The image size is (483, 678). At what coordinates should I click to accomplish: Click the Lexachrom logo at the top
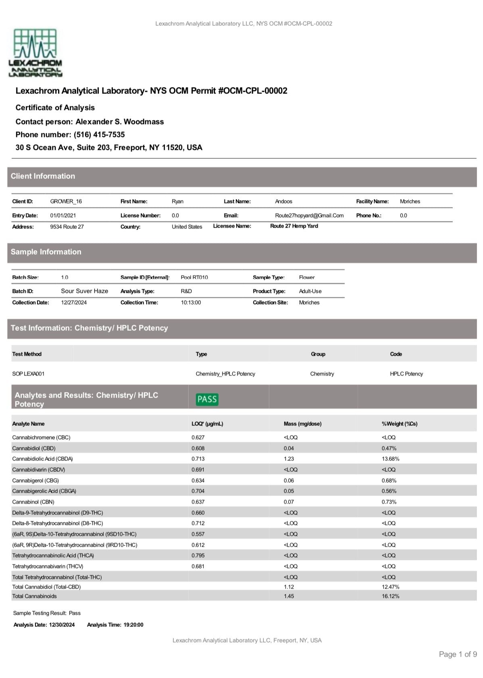[x=35, y=52]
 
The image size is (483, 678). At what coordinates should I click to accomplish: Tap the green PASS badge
[x=207, y=399]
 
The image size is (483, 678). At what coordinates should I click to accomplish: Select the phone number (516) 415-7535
[x=99, y=135]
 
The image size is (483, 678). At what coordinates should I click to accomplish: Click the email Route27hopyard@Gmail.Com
[x=309, y=216]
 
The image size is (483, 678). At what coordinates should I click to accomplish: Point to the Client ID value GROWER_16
[x=66, y=201]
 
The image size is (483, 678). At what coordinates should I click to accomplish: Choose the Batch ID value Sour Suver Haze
[x=84, y=291]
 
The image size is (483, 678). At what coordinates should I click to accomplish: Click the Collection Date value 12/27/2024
[x=74, y=303]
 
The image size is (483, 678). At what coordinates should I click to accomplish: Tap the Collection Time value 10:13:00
[x=191, y=303]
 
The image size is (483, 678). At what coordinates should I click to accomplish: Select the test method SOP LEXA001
[x=28, y=374]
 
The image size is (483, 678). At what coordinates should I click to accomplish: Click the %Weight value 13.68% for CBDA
[x=390, y=459]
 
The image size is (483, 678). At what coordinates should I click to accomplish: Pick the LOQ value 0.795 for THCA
[x=198, y=556]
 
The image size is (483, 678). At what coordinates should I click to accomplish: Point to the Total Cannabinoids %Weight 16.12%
[x=390, y=596]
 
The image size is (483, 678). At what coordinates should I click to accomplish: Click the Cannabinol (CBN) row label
[x=33, y=502]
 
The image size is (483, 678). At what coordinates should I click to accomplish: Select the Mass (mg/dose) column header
[x=302, y=424]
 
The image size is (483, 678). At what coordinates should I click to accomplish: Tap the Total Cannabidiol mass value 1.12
[x=289, y=587]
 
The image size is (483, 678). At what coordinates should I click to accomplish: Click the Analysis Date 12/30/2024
[x=62, y=625]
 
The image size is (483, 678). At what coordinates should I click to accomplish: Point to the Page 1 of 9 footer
[x=458, y=654]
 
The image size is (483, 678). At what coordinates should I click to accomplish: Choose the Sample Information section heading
[x=46, y=252]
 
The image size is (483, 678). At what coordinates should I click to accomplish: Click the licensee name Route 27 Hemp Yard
[x=294, y=226]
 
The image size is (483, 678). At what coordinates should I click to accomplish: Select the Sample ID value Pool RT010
[x=194, y=278]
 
